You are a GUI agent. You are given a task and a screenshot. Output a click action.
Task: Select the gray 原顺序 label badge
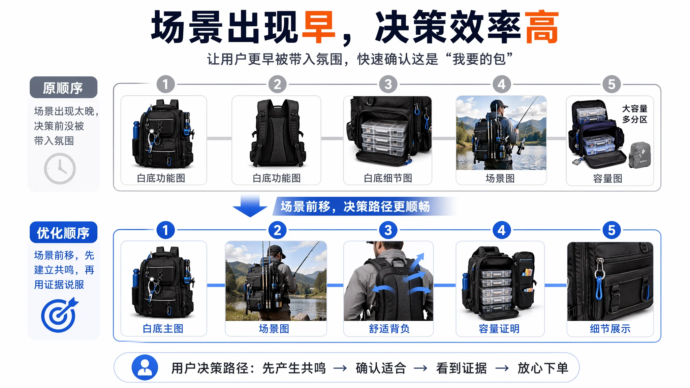(x=63, y=88)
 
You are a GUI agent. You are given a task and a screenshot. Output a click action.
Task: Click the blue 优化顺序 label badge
(x=63, y=232)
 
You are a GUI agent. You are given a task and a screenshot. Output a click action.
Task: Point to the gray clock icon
(x=60, y=168)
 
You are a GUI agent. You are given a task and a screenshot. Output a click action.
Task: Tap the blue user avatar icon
(x=145, y=367)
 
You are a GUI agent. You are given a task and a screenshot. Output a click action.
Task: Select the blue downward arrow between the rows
(x=250, y=206)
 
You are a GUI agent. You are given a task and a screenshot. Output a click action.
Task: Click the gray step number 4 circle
(x=502, y=84)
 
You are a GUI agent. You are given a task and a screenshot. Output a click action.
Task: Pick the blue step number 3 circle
(x=388, y=230)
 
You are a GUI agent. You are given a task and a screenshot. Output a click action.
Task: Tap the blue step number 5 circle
(x=611, y=230)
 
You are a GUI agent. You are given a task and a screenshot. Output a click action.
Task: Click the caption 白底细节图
(x=388, y=178)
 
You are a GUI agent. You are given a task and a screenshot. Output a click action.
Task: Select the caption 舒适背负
(x=389, y=329)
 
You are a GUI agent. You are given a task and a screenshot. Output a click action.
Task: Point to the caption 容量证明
(x=499, y=329)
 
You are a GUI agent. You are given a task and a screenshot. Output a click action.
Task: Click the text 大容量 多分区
(x=635, y=114)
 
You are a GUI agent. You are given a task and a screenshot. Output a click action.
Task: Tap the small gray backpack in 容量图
(x=639, y=155)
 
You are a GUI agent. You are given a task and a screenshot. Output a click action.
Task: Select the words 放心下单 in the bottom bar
(x=543, y=368)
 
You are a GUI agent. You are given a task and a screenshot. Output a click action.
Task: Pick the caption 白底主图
(x=163, y=329)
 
